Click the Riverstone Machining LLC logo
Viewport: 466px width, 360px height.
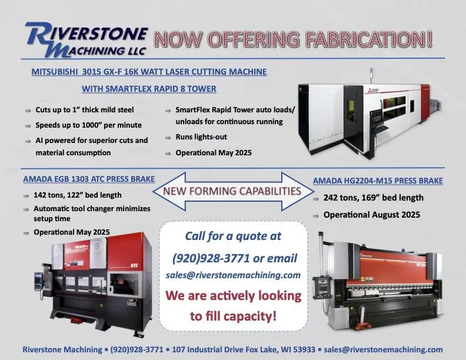pos(86,39)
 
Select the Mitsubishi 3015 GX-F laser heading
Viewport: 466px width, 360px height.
pos(149,72)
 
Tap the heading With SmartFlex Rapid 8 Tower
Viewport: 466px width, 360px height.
pos(149,89)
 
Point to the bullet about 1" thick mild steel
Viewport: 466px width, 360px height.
pos(84,110)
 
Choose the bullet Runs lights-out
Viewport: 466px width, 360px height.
pos(201,137)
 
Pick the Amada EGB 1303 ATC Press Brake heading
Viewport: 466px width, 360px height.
pos(89,179)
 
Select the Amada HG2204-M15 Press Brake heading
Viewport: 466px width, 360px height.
pos(378,181)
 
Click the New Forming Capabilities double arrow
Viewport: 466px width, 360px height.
pos(233,191)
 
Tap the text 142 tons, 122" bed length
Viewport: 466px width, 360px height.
pos(78,195)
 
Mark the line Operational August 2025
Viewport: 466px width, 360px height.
pos(372,215)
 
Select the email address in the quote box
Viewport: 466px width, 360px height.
pos(234,275)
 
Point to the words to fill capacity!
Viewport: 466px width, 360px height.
pos(234,316)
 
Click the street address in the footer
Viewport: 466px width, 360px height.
pos(244,349)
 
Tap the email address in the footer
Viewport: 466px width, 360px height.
pos(383,349)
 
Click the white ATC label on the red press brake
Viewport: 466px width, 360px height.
pos(134,265)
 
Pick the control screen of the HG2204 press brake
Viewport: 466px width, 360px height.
pos(322,286)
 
